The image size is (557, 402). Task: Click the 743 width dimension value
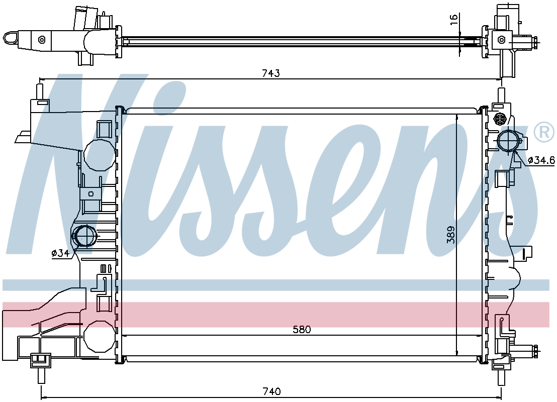pyautogui.click(x=270, y=73)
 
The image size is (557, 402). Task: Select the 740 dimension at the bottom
pyautogui.click(x=271, y=391)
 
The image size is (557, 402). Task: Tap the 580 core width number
pyautogui.click(x=302, y=330)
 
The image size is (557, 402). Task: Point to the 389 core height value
pyautogui.click(x=451, y=235)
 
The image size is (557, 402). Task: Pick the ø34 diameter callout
pyautogui.click(x=60, y=253)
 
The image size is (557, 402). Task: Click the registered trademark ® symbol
pyautogui.click(x=544, y=132)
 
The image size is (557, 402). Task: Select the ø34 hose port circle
pyautogui.click(x=84, y=236)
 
